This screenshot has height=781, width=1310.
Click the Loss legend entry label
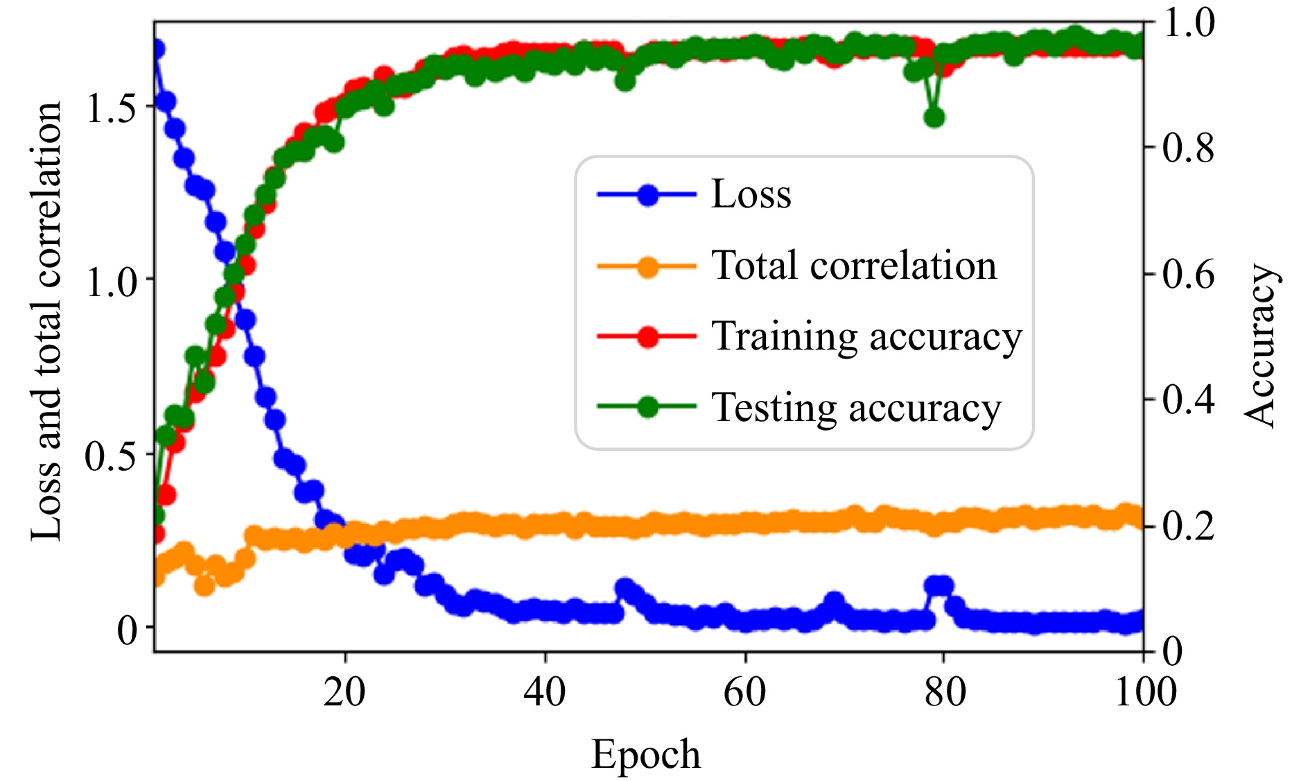[751, 195]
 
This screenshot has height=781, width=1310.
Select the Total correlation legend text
[854, 266]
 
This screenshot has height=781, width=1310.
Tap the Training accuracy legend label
[866, 337]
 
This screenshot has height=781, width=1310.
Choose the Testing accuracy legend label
[856, 408]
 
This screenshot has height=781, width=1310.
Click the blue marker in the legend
[647, 196]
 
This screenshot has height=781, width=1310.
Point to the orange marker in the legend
[647, 266]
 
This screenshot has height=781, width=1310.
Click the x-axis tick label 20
[344, 692]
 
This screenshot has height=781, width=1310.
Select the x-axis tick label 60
[744, 692]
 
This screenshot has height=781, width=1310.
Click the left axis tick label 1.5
[110, 108]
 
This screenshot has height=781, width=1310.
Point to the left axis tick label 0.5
[110, 456]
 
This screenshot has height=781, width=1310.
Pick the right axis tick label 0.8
[1188, 147]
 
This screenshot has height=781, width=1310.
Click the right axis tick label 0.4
[1188, 400]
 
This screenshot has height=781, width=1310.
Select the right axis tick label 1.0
[1188, 23]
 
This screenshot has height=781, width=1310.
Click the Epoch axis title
[645, 755]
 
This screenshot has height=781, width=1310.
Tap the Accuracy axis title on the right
[1260, 345]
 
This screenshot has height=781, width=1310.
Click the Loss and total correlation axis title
[47, 320]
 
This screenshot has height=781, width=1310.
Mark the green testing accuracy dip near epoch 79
[934, 118]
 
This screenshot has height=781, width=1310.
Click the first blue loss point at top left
[157, 49]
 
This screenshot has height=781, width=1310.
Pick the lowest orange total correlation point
[204, 586]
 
